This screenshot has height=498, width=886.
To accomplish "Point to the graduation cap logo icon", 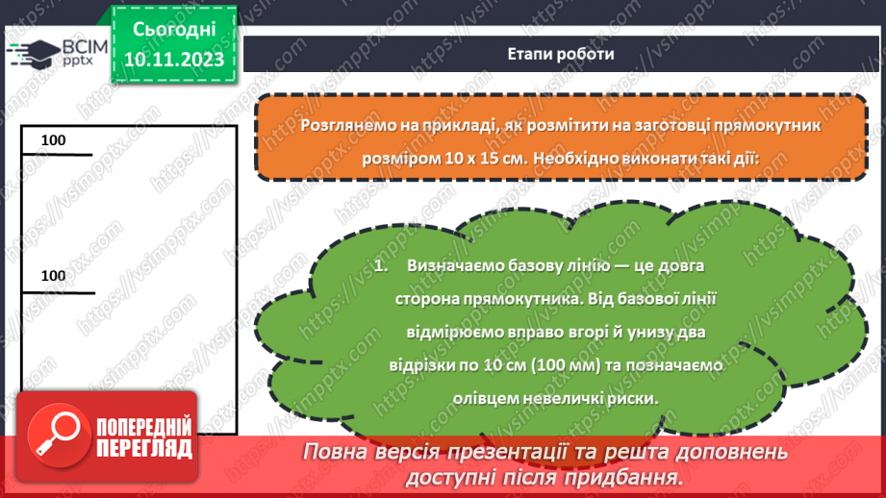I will [x=31, y=54].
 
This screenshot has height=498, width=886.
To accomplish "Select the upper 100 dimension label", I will [x=54, y=140].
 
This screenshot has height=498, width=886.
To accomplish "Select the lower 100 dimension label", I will [x=54, y=276].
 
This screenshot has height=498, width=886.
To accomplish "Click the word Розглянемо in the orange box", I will [x=343, y=126].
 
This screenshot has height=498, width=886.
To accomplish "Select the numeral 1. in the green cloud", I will [x=381, y=266].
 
